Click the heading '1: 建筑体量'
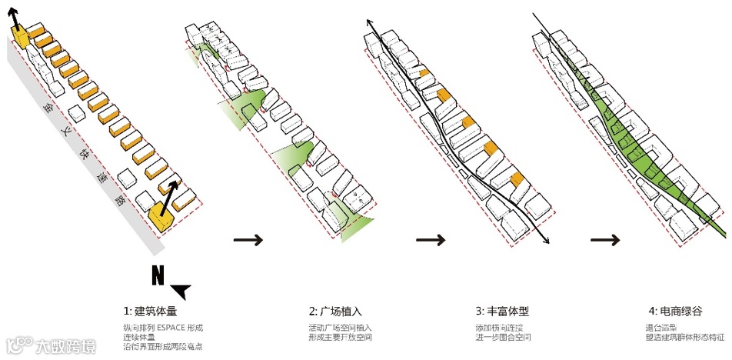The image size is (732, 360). (149, 312)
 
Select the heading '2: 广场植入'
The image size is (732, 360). (335, 312)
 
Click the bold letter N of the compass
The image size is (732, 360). (158, 275)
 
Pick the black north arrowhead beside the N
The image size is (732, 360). (181, 291)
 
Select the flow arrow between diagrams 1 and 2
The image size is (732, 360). (248, 240)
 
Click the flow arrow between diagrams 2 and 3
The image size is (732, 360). (430, 240)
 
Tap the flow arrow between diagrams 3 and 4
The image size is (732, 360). (605, 240)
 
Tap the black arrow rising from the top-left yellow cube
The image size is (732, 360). (15, 15)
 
